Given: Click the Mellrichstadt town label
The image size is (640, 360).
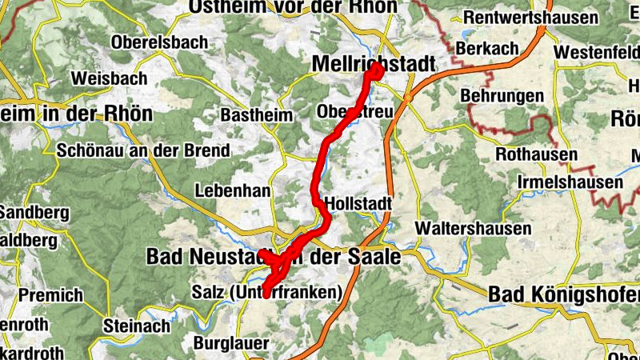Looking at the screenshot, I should click(374, 63).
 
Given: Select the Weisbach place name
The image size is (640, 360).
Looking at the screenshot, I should click(109, 78).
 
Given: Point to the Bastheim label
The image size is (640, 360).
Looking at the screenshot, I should click(256, 115).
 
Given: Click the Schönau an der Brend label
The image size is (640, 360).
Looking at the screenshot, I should click(143, 150).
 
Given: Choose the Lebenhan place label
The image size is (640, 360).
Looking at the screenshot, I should click(233, 191).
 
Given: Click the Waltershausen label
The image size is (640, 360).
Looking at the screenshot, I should click(474, 229).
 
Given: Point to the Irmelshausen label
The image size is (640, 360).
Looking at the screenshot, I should click(570, 183).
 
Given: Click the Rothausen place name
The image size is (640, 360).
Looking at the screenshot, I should click(537, 154).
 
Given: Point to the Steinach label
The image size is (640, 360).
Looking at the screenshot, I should click(137, 326).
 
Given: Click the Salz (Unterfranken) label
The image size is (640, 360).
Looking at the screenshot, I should click(266, 293).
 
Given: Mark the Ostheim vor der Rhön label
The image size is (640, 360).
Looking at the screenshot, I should click(292, 6).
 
